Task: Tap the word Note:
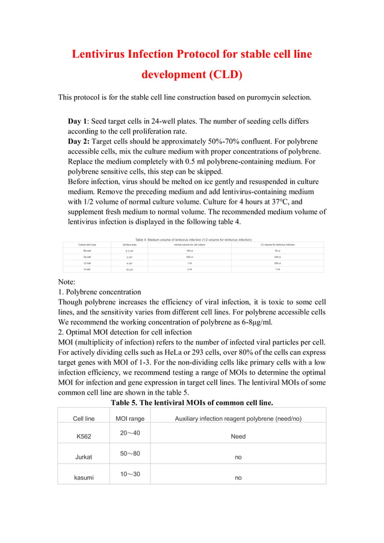pyautogui.click(x=67, y=281)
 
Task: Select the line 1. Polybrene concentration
pyautogui.click(x=99, y=292)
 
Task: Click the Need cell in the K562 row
pyautogui.click(x=238, y=437)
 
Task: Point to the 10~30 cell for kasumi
pyautogui.click(x=130, y=474)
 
